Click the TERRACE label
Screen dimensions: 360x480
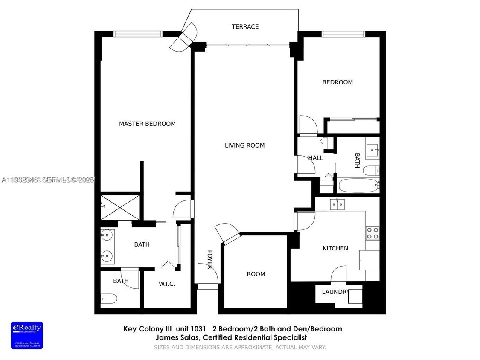(x=245, y=27)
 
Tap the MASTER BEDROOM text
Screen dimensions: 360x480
(x=147, y=124)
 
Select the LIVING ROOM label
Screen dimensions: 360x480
(x=244, y=145)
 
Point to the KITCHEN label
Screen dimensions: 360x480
(x=335, y=248)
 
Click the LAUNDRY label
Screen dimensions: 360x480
(x=335, y=292)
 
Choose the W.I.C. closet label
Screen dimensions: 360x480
(x=167, y=284)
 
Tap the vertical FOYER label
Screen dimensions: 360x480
(x=210, y=259)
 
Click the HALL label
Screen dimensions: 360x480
(x=315, y=158)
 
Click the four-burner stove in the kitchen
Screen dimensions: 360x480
(x=372, y=233)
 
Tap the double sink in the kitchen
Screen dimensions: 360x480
(x=337, y=204)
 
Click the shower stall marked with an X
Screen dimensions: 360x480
(x=120, y=208)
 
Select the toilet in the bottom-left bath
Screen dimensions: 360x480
(x=109, y=299)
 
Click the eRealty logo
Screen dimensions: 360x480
(x=27, y=335)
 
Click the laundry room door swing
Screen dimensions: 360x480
(x=339, y=275)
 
